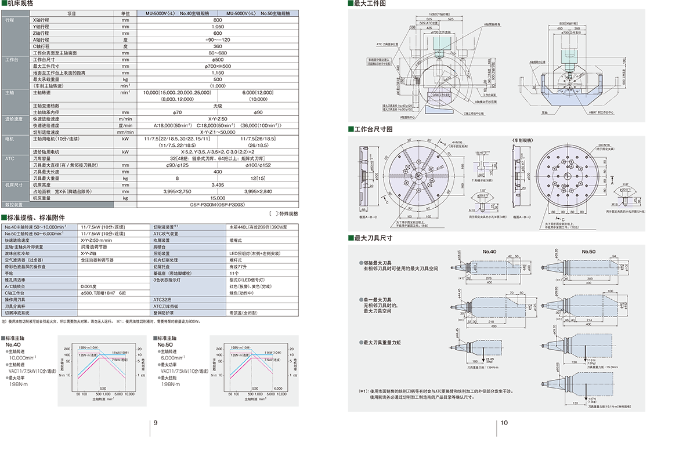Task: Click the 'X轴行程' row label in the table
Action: (41, 20)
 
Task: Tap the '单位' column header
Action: (125, 13)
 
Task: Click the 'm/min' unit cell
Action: (125, 119)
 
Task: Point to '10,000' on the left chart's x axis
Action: (129, 394)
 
